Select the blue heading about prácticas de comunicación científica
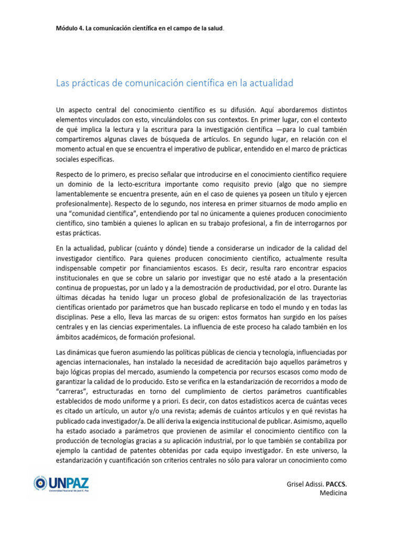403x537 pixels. [x=174, y=83]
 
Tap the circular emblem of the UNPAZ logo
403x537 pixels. [x=40, y=484]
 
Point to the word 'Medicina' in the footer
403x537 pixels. [x=333, y=493]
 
